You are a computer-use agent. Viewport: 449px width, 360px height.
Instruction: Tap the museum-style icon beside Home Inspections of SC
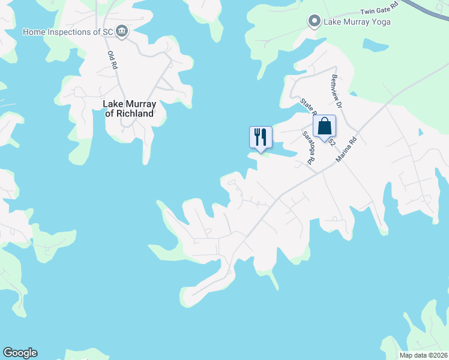click(122, 31)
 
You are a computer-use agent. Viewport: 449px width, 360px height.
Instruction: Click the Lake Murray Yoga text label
click(357, 22)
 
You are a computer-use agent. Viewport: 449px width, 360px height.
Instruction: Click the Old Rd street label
click(112, 60)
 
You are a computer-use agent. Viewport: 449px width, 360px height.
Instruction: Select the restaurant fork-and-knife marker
click(261, 137)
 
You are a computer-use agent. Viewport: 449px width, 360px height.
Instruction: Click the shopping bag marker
click(324, 127)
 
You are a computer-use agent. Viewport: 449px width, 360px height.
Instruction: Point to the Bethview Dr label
click(336, 91)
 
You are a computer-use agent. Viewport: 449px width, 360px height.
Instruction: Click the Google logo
click(20, 353)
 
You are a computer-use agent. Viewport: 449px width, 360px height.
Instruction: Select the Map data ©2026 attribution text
click(423, 355)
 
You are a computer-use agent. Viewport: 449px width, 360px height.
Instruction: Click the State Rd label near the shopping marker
click(307, 107)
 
